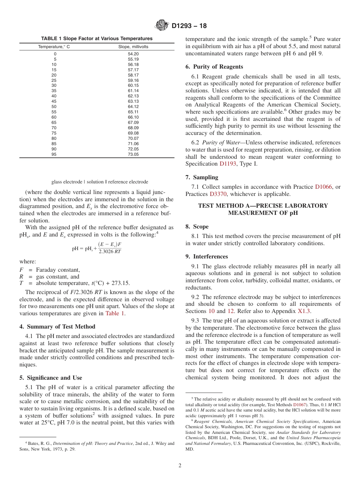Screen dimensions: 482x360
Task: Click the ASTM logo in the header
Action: (162, 26)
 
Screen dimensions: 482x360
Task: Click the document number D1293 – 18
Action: (189, 26)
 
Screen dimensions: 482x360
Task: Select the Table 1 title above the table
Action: (97, 39)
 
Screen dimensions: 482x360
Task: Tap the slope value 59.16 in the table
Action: (133, 80)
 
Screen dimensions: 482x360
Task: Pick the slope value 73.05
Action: (133, 154)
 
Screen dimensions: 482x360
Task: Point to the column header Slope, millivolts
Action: (133, 47)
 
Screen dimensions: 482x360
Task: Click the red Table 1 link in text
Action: (115, 313)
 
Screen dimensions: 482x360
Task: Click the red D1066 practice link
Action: (322, 187)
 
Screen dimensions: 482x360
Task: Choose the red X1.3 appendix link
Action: (303, 311)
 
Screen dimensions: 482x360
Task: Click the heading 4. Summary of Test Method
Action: (57, 327)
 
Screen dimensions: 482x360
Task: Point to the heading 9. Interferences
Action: (207, 257)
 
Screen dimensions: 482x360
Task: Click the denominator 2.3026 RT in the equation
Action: (110, 251)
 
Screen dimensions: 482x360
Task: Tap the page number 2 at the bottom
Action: (180, 466)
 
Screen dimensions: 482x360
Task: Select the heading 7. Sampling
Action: (202, 177)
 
